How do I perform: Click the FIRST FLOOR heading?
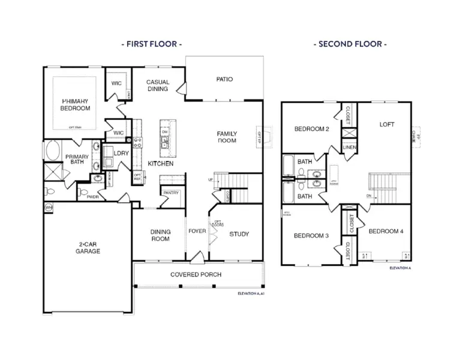pos(152,44)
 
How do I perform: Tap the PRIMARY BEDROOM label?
pos(75,105)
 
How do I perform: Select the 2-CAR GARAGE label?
pos(88,247)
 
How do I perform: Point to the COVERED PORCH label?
pos(196,274)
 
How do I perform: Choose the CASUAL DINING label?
pos(159,86)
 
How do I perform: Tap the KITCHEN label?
pos(161,163)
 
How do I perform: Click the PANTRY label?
pos(171,193)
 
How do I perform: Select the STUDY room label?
pos(239,234)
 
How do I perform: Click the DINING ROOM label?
pos(160,235)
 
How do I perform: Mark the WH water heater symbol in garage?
pos(48,207)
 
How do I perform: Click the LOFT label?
pos(387,125)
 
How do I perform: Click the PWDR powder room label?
pos(93,196)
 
